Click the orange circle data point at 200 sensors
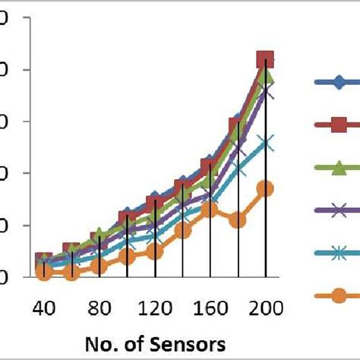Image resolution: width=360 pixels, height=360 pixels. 265,188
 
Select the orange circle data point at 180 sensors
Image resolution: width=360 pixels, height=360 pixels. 238,220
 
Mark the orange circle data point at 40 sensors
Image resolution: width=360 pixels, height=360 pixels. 44,272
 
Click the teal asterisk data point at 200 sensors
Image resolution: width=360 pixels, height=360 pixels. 265,143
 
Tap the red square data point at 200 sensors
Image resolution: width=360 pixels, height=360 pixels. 265,60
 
